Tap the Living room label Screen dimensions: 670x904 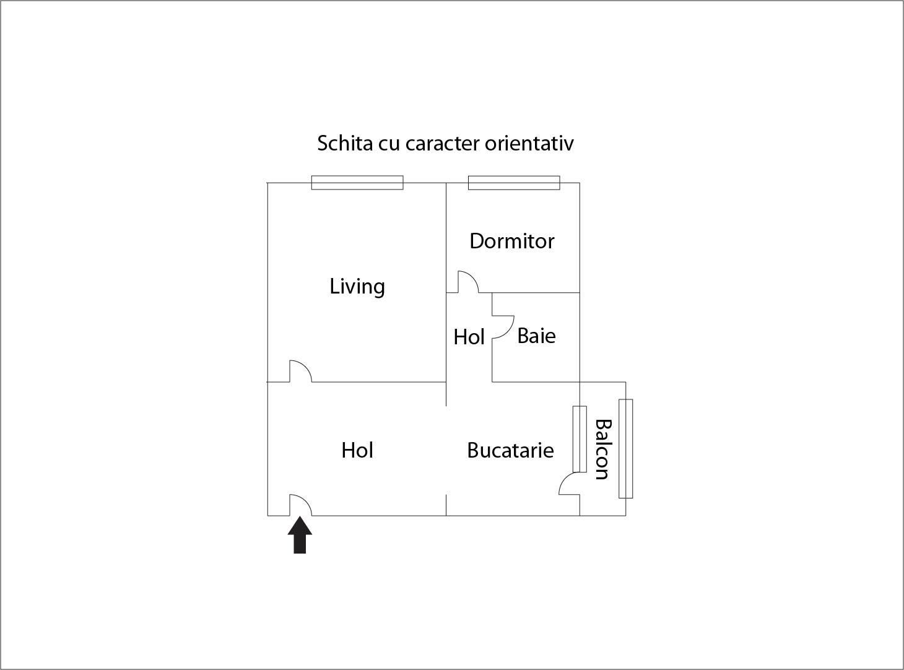[x=357, y=287]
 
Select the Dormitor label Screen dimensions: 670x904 [x=511, y=241]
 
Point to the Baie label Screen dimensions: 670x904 [x=536, y=336]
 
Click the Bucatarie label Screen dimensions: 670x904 [x=510, y=450]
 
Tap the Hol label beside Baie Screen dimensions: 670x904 [x=469, y=337]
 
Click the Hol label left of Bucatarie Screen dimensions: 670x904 [x=357, y=450]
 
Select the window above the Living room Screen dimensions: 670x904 [x=357, y=183]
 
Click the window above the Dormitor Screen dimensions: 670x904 [x=514, y=183]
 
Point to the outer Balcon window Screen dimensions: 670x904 [x=625, y=448]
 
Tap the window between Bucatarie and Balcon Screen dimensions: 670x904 [x=580, y=439]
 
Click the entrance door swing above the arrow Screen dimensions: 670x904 [x=300, y=505]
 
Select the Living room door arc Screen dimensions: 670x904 [x=300, y=372]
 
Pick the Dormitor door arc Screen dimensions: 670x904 [x=467, y=282]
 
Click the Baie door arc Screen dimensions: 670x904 [x=503, y=327]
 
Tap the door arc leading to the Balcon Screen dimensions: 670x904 [x=569, y=484]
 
